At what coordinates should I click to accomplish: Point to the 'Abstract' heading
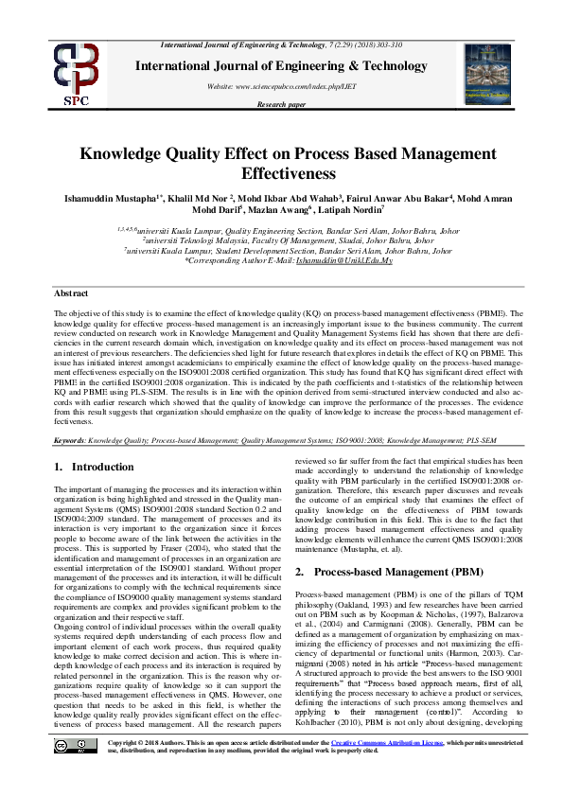tap(71, 294)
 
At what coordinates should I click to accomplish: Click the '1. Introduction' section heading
tap(94, 467)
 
